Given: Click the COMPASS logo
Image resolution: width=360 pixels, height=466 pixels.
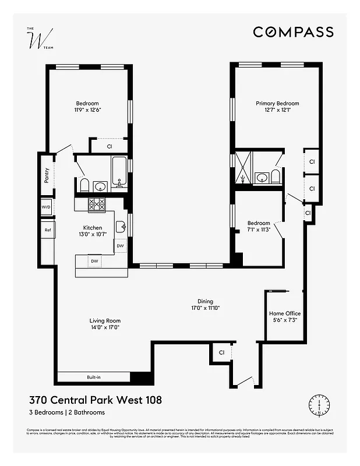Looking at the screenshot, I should click(293, 32).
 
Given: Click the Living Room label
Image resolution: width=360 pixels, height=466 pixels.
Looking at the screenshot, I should click(105, 320).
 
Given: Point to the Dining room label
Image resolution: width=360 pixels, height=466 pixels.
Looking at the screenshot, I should click(205, 301).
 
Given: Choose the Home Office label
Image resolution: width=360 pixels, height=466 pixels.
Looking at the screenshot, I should click(285, 313).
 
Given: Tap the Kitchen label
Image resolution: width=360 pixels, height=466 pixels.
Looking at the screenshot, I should click(93, 228).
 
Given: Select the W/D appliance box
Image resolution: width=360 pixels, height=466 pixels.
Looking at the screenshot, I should click(46, 207).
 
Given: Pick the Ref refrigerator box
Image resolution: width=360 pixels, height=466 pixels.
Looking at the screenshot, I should click(47, 230).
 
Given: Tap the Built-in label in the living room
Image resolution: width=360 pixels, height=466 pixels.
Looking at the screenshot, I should click(94, 377).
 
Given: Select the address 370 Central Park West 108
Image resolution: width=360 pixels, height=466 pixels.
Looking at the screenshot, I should click(95, 400).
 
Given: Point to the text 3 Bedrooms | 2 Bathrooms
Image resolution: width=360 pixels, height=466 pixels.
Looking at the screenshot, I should click(67, 412).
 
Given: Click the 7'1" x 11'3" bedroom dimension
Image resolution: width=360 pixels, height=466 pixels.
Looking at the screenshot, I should click(259, 229).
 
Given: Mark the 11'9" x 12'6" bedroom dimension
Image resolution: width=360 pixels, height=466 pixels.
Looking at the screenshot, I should click(87, 110).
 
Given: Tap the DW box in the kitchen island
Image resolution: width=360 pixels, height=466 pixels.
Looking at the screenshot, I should click(94, 261).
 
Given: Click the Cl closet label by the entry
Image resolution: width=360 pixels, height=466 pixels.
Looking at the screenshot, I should click(221, 352).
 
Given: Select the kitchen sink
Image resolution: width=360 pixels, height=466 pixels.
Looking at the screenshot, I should click(121, 226).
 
